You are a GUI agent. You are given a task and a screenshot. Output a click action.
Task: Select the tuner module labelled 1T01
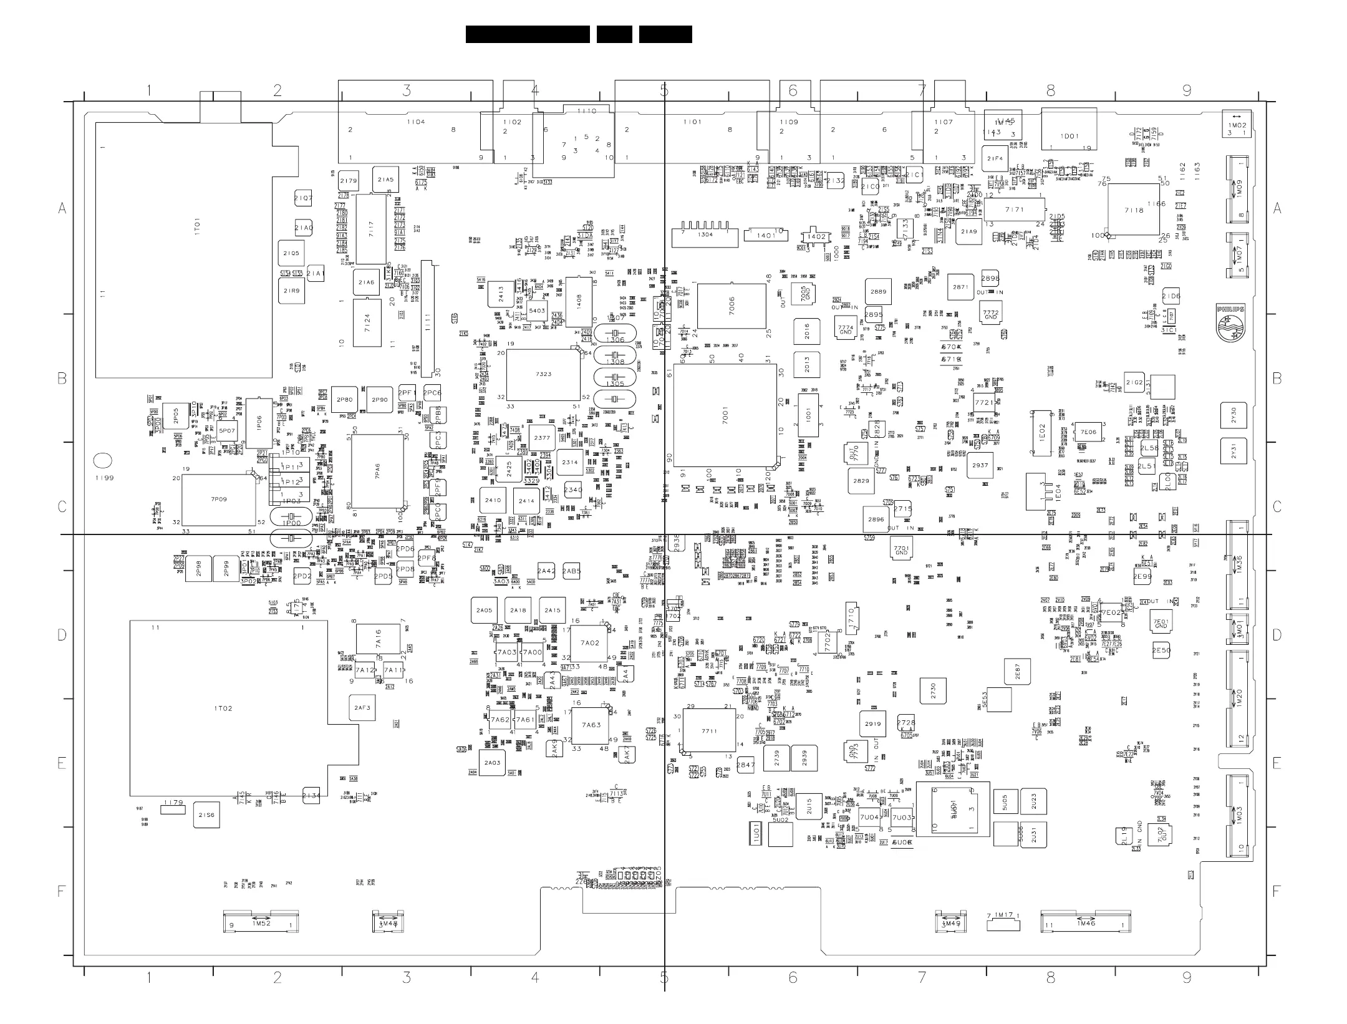coord(183,249)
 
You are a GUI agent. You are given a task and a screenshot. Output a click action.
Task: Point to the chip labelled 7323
coord(543,375)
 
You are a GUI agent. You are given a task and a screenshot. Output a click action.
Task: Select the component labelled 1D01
coord(1069,129)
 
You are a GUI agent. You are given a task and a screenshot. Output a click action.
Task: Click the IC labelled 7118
coord(1134,210)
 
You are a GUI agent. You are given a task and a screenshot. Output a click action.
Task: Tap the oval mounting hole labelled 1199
coord(102,461)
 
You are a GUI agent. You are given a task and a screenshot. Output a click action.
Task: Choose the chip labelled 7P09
coord(219,500)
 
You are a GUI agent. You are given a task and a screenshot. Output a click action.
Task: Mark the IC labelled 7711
coord(709,731)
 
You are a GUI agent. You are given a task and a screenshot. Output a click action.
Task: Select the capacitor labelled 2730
coord(933,691)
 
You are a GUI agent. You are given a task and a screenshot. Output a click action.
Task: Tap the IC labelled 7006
coord(731,306)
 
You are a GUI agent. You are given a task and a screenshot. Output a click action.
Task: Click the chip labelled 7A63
coord(591,725)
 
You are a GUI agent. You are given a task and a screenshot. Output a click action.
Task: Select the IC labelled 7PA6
coord(377,471)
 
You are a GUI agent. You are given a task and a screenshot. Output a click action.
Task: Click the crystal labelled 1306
coord(615,335)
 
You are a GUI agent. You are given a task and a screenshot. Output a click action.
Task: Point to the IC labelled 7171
coord(1014,210)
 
